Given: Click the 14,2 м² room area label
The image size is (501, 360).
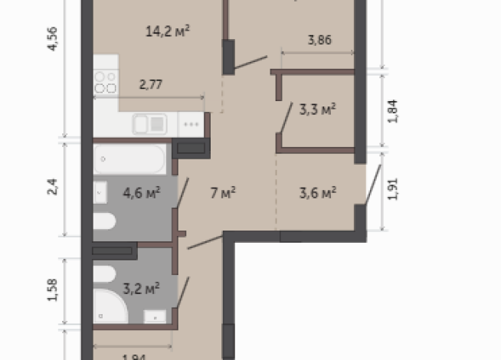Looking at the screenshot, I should (x=167, y=31).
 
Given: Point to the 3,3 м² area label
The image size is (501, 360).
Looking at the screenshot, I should (x=317, y=109).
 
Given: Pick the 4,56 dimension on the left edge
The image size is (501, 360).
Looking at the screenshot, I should (x=53, y=37).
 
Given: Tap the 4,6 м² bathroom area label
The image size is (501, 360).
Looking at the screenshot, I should (x=141, y=191).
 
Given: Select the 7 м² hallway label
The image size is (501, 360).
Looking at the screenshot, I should (x=222, y=191).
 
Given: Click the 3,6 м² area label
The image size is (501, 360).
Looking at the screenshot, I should (x=318, y=192).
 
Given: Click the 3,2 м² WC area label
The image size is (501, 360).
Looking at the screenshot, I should (x=141, y=289).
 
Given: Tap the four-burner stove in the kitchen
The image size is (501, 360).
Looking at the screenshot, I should (x=105, y=81).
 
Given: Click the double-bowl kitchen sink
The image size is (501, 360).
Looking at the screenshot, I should (x=150, y=123).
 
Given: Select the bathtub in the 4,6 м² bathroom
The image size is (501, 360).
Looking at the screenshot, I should (x=129, y=159).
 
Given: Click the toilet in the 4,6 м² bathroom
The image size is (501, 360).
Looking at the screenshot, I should (x=105, y=222).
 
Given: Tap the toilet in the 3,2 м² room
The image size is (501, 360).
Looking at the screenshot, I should (x=106, y=273).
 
